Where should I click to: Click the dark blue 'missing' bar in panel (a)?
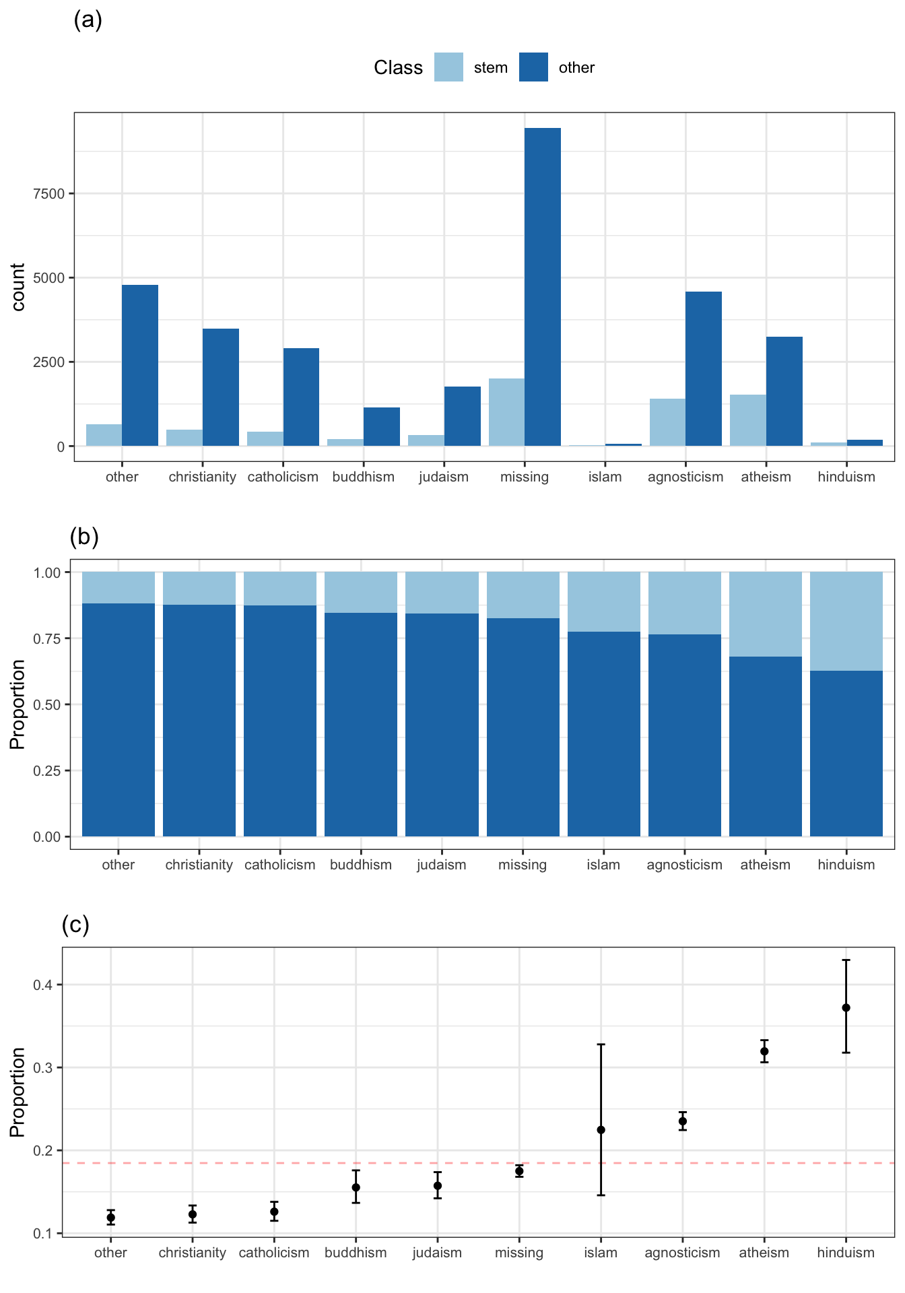543,287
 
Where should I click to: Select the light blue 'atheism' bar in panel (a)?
748,420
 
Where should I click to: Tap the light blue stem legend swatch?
448,67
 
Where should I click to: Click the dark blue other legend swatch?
533,67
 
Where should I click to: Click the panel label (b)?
84,536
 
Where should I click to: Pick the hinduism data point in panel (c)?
846,1007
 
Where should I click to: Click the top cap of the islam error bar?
601,1045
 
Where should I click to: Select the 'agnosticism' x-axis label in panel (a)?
685,477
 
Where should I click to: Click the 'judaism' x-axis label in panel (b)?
442,865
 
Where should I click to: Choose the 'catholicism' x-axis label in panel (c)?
274,1253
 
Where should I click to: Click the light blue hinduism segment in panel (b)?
846,621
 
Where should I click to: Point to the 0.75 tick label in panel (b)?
47,638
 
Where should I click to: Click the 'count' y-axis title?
18,287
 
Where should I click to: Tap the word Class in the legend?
398,68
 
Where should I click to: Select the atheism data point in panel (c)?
764,1051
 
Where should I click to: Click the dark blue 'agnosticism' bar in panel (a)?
704,368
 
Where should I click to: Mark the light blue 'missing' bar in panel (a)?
506,412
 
